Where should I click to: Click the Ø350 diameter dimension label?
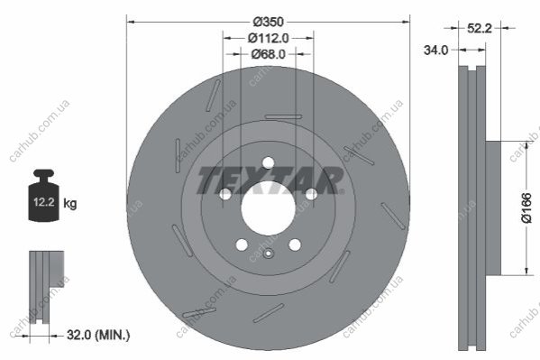coord(269,22)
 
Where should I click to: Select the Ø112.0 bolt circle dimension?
coord(268,38)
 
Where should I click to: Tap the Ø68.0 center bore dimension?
coord(269,54)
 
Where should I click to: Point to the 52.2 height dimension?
coord(480,28)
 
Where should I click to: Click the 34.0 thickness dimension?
coord(436,51)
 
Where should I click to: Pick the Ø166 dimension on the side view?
coord(526,208)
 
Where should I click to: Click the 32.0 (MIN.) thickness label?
coord(98,335)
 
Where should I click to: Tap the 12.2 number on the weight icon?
coord(44,202)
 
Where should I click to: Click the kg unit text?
coord(70,203)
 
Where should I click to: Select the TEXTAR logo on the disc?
coord(270,180)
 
